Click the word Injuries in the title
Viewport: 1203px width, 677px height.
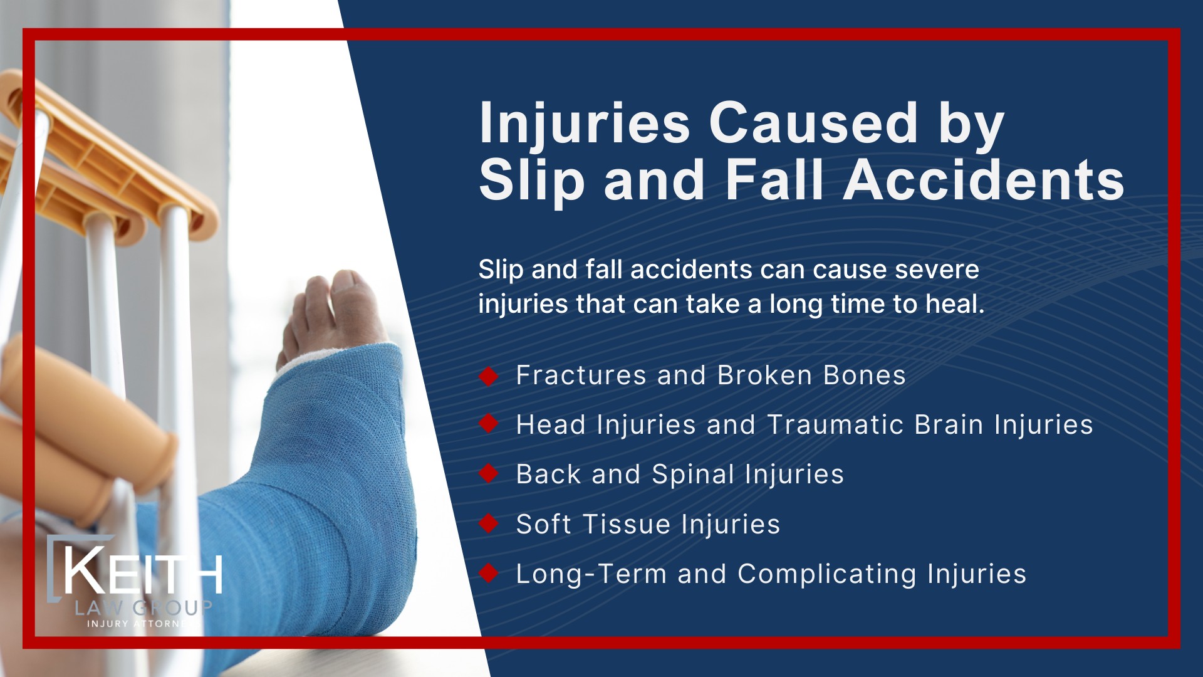[x=584, y=124]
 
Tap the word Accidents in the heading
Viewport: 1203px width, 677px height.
[x=984, y=181]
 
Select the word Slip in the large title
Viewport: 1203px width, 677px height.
[x=531, y=181]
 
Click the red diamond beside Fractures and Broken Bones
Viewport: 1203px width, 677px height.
[x=488, y=376]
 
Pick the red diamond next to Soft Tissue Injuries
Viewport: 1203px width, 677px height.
[x=488, y=523]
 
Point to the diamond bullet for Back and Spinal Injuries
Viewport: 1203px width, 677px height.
[x=488, y=474]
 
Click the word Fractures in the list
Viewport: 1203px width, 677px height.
[x=581, y=375]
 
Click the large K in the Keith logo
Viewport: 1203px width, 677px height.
[x=85, y=570]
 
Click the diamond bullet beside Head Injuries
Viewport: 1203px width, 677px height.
[x=488, y=424]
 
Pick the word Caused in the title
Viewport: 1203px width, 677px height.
[x=813, y=124]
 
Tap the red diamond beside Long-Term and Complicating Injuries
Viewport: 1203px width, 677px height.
[x=488, y=573]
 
